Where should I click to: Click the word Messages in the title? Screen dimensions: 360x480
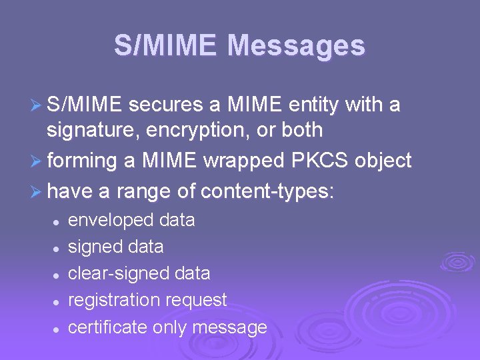click(x=296, y=46)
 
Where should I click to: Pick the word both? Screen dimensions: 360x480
click(x=299, y=129)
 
